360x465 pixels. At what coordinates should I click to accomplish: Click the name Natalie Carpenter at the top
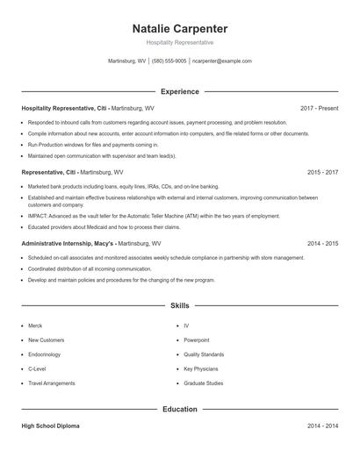pos(179,28)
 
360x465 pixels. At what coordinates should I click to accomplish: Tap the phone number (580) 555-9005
pos(169,61)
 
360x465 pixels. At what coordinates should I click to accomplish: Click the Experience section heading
pos(179,91)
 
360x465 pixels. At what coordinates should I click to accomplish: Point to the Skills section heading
pos(179,305)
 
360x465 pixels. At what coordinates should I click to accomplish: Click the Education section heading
pos(179,409)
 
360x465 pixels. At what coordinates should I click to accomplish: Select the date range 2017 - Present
pos(319,108)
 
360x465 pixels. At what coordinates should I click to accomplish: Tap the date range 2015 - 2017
pos(322,173)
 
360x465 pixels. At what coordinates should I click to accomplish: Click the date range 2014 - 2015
pos(322,242)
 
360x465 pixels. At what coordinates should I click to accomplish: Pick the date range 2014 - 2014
pos(322,426)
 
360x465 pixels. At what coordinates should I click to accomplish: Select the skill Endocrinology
pos(45,354)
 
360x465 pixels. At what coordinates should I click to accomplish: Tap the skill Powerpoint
pos(197,340)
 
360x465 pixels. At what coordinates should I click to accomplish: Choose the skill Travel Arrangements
pos(52,383)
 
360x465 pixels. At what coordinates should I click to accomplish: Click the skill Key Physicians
pos(201,368)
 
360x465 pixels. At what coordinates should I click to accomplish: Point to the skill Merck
pos(35,325)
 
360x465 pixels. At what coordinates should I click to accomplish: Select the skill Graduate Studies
pos(204,383)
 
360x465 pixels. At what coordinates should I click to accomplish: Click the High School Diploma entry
pos(50,426)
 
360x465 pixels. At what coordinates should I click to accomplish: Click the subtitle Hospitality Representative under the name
pos(179,43)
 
